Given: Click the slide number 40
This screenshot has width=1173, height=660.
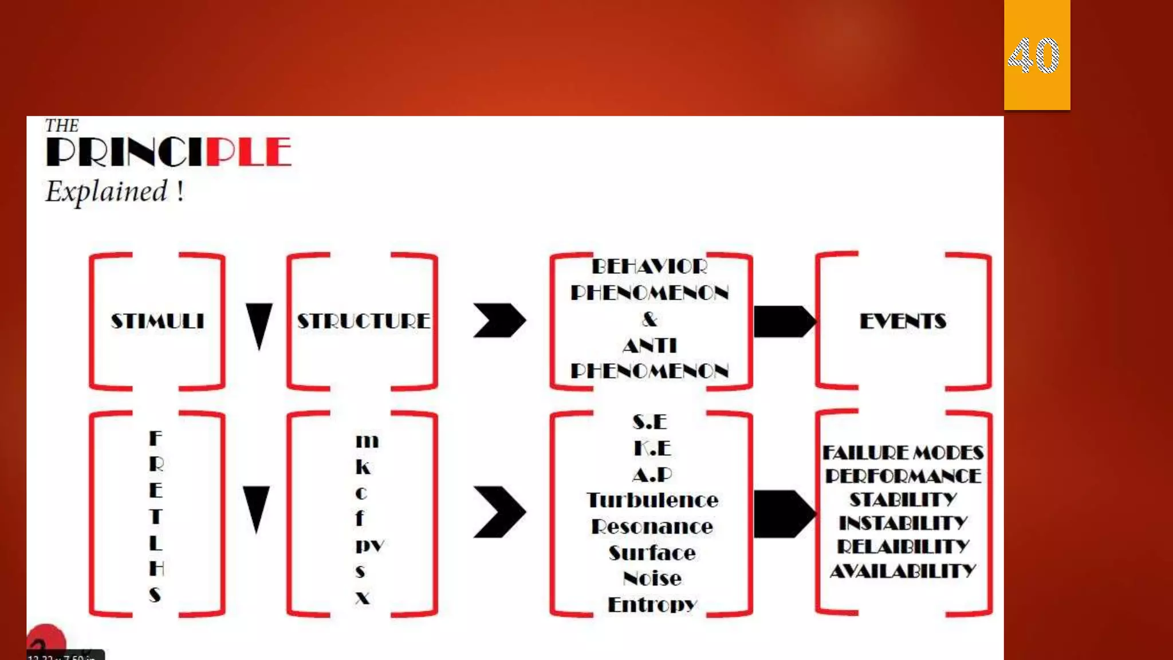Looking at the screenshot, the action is tap(1034, 56).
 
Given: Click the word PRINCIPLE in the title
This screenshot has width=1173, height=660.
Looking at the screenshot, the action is tap(168, 152).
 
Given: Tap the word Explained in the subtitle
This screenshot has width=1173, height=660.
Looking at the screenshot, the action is tap(107, 191).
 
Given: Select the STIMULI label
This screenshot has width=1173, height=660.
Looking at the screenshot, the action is tap(158, 321).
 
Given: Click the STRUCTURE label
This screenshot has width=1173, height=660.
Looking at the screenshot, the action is tap(363, 321).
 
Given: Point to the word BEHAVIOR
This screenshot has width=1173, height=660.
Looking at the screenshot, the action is tap(650, 266).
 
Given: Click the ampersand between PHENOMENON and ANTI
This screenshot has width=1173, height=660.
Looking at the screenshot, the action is tap(650, 319).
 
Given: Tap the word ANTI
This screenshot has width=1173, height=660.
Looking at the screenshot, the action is tap(650, 345).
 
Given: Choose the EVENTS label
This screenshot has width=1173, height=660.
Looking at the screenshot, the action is tap(903, 321).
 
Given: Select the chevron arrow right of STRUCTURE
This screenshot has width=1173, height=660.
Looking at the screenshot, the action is tap(499, 320).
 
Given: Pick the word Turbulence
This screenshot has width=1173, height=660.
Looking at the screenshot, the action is tap(652, 500).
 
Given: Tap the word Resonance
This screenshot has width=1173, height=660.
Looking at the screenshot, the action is tap(652, 527).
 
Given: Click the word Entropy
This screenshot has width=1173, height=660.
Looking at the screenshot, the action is tap(652, 604).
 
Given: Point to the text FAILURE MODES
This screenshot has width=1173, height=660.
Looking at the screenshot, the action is tap(903, 453).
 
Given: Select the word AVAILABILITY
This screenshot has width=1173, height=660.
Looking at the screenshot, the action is tap(903, 571).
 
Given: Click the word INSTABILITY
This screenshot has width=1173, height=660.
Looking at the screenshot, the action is tap(903, 523).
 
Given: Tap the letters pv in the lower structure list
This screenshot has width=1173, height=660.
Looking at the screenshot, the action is tap(369, 545).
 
